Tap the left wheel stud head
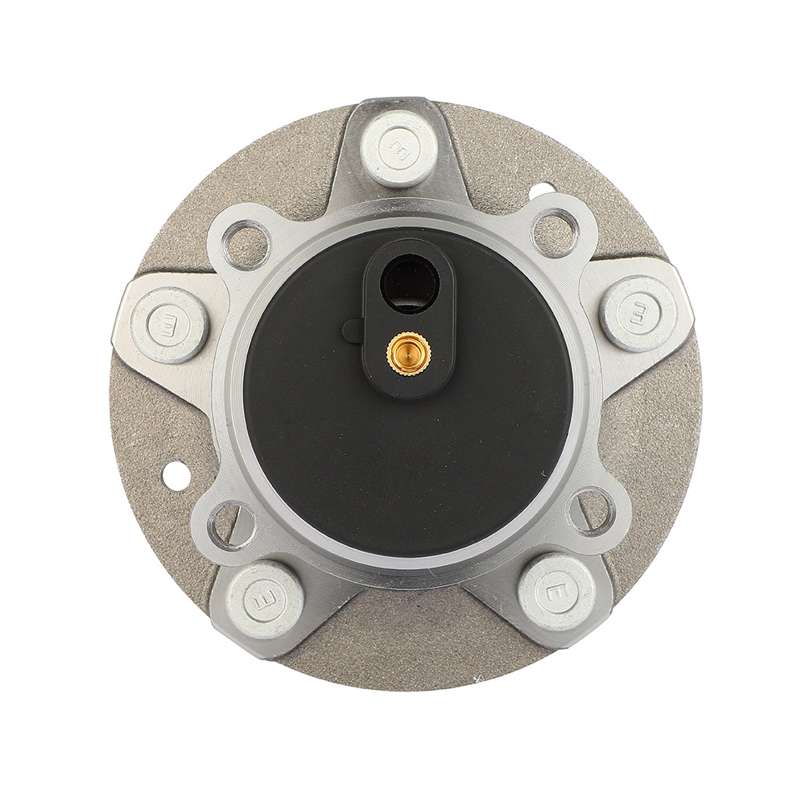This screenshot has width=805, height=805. pos(169,324)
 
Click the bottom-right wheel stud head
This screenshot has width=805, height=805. pos(557,592)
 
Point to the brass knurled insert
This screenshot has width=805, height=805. pos(409,353)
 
